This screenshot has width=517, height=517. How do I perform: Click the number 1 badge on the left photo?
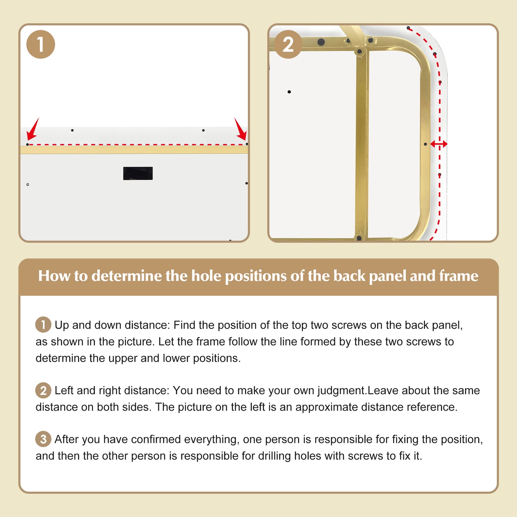pyautogui.click(x=41, y=44)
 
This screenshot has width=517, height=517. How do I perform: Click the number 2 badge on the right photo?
pyautogui.click(x=288, y=44)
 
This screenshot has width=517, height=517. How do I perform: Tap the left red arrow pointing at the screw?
pyautogui.click(x=33, y=129)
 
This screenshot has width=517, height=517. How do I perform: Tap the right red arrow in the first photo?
pyautogui.click(x=240, y=129)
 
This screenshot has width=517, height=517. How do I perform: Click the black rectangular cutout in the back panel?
pyautogui.click(x=138, y=173)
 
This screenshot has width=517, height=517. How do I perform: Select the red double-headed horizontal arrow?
pyautogui.click(x=439, y=144)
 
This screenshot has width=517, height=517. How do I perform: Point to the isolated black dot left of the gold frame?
pyautogui.click(x=289, y=92)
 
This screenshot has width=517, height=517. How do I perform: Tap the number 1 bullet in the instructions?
pyautogui.click(x=43, y=325)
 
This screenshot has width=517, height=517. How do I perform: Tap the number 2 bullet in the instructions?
pyautogui.click(x=43, y=390)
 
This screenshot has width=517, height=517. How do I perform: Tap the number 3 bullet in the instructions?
pyautogui.click(x=43, y=439)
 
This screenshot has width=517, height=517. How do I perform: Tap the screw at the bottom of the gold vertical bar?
pyautogui.click(x=359, y=238)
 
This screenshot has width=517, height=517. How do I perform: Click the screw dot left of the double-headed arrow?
pyautogui.click(x=425, y=144)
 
